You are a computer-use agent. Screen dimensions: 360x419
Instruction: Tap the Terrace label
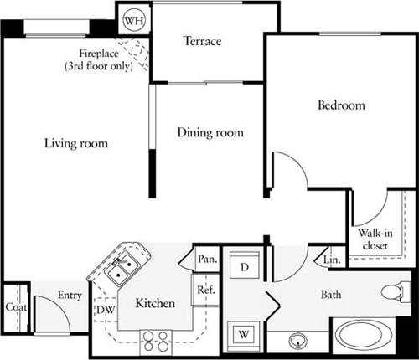[203, 41]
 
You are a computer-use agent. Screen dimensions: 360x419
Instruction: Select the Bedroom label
[341, 105]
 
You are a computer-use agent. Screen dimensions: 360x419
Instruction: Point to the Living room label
[76, 143]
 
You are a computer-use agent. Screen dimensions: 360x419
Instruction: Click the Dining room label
[209, 132]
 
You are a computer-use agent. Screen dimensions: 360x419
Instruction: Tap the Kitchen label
[155, 302]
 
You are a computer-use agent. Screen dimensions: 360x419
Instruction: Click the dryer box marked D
[244, 268]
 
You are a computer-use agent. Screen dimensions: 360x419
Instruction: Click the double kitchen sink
[124, 267]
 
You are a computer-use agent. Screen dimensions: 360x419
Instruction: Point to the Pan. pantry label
[207, 260]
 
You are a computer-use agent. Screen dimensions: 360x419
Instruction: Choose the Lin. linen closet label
[331, 260]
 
